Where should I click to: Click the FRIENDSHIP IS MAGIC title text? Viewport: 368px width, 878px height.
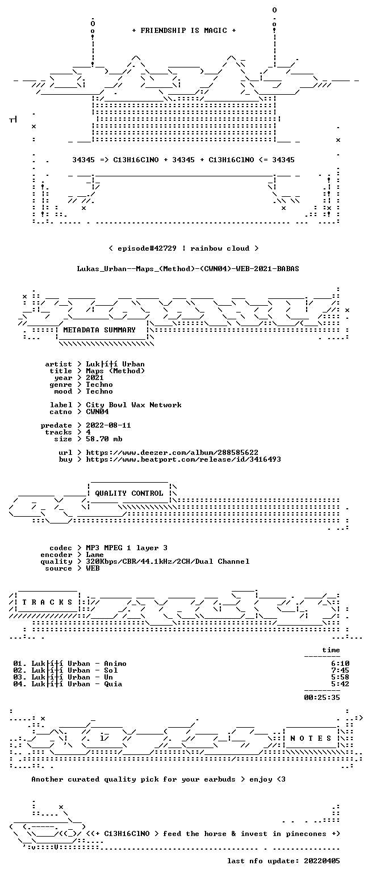(184, 31)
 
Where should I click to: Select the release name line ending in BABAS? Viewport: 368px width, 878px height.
(188, 269)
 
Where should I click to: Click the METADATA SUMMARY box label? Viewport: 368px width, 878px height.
(99, 330)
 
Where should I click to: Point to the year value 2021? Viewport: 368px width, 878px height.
(95, 378)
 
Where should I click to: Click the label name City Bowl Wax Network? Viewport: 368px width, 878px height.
(134, 405)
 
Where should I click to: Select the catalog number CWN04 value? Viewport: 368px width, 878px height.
(97, 412)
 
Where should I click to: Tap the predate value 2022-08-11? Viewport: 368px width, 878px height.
(108, 425)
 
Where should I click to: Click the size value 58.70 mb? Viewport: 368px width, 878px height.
(104, 439)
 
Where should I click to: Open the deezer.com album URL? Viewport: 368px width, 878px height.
(172, 453)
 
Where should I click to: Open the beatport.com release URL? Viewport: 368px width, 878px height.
(183, 459)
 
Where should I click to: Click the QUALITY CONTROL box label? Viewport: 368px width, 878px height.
(129, 493)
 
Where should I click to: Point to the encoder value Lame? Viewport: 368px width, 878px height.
(95, 555)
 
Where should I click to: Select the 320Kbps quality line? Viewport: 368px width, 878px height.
(168, 562)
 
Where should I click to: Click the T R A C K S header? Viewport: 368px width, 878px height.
(48, 602)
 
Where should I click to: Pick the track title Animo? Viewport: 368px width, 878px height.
(115, 664)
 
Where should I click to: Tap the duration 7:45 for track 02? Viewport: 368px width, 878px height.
(340, 670)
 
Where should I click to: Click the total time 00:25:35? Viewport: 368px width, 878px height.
(321, 698)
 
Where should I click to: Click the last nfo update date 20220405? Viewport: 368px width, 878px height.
(321, 861)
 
